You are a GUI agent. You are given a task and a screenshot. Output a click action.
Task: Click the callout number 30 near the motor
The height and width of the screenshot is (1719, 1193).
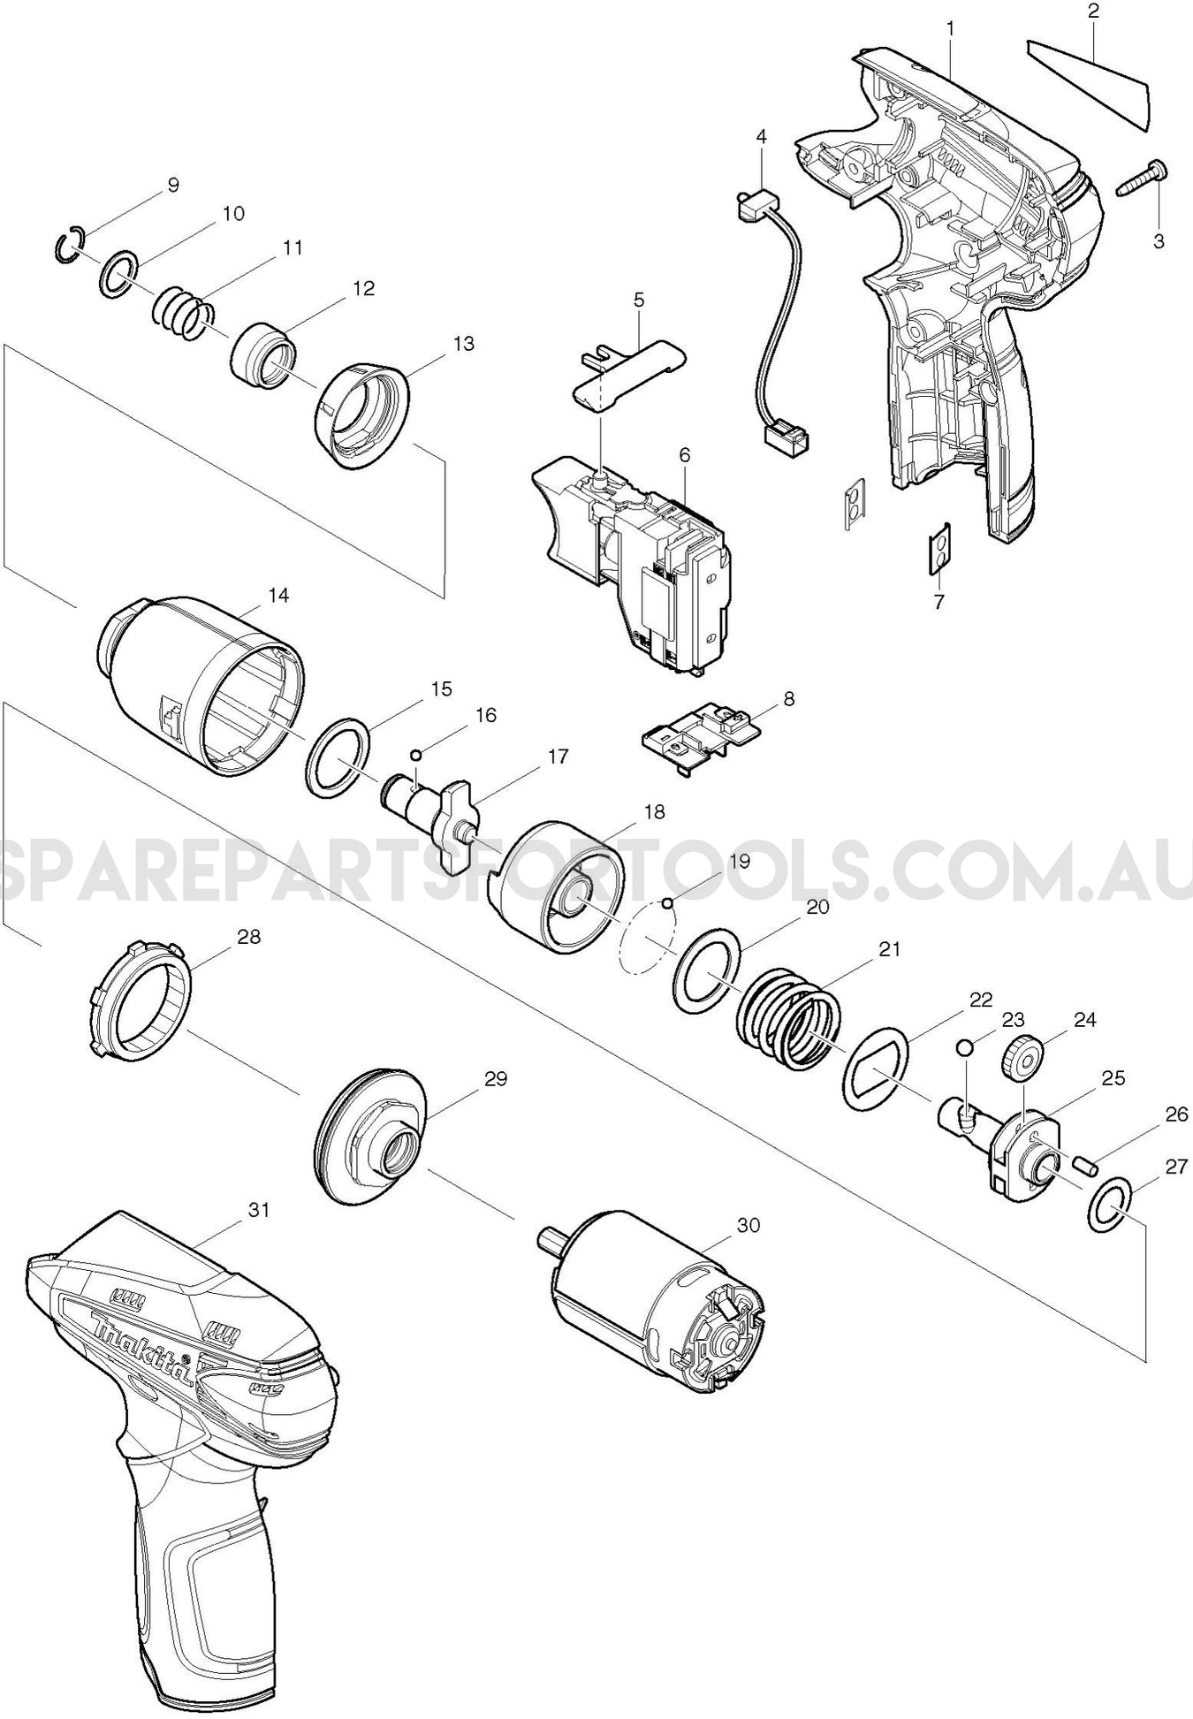pos(748,1226)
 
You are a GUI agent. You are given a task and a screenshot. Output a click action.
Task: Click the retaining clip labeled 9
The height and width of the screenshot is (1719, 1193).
pos(67,244)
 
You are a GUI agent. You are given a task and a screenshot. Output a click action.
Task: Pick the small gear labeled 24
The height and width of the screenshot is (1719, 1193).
pos(1022,1057)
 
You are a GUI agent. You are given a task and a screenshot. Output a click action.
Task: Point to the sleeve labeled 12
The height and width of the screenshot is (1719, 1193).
pos(263,358)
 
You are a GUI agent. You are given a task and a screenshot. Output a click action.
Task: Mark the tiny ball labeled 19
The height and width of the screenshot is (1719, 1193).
pos(668,902)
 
